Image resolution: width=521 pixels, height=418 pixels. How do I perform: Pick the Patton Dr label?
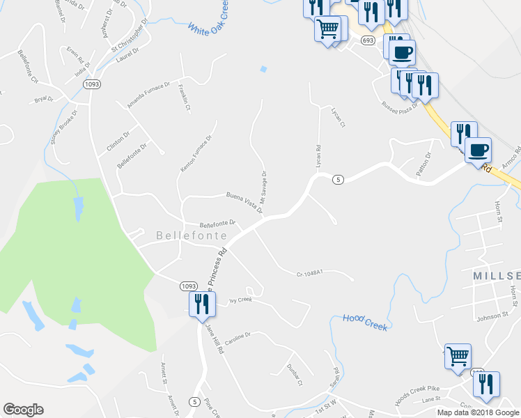point(425,162)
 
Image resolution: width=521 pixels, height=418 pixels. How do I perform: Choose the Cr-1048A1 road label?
point(311,274)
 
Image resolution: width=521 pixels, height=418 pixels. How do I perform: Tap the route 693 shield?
point(368,40)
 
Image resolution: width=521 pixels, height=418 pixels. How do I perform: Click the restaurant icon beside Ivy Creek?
point(200,304)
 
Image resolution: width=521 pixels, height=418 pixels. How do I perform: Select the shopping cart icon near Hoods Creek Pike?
point(458,355)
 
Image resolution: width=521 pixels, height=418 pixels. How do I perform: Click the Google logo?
point(23,410)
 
